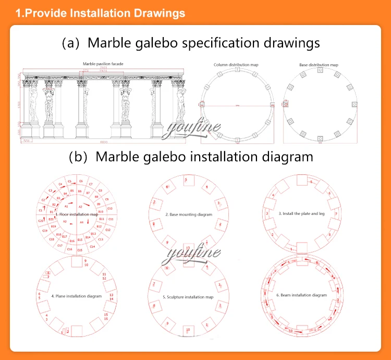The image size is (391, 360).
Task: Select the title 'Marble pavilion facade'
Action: click(103, 64)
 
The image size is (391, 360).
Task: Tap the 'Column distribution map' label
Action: click(237, 65)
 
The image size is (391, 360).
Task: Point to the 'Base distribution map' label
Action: click(319, 65)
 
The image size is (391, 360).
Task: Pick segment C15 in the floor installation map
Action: click(80, 250)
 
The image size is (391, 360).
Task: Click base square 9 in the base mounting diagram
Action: click(167, 242)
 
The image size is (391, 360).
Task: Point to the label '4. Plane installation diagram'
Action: click(76, 296)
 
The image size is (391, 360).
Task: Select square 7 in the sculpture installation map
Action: click(154, 284)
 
